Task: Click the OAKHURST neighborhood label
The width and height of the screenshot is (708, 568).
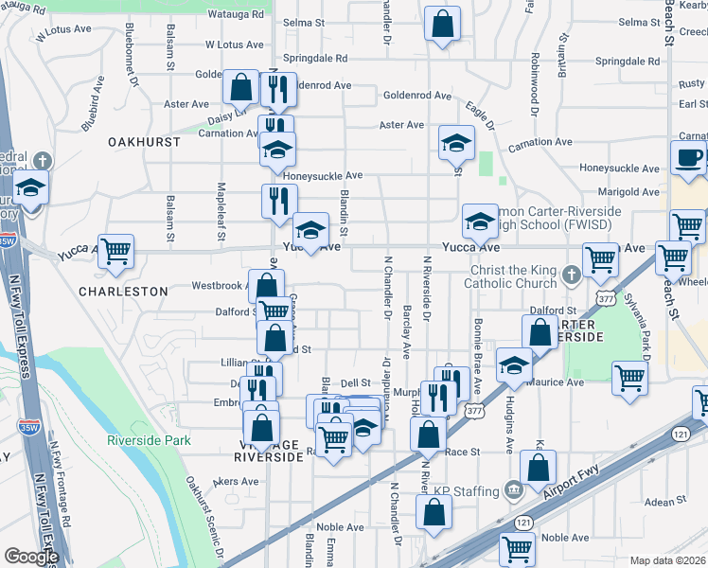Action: [x=144, y=141]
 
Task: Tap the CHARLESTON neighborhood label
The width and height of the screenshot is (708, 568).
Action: [x=124, y=292]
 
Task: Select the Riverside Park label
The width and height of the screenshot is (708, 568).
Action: [x=149, y=440]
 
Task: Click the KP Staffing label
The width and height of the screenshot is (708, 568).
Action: [x=467, y=491]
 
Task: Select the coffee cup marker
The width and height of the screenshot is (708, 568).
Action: [x=689, y=158]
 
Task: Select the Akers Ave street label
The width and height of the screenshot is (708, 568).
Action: [x=236, y=482]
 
